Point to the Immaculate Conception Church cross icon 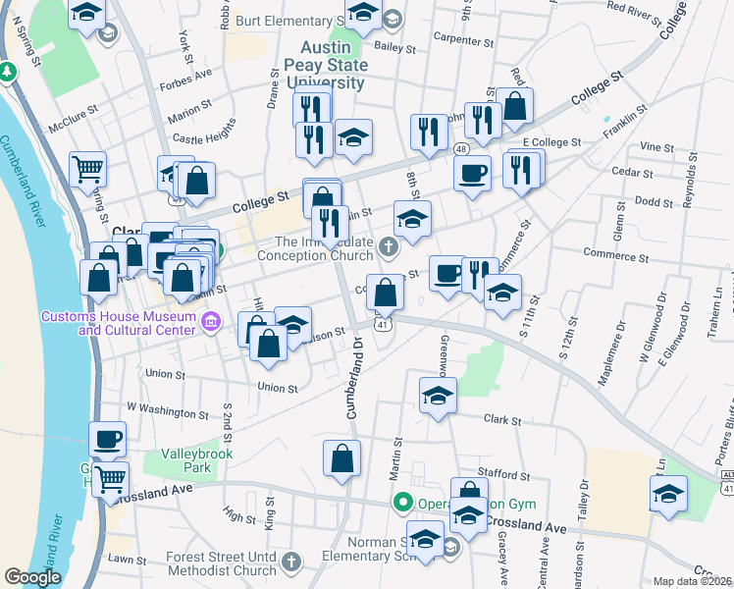tap(389, 245)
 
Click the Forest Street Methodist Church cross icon tap(290, 562)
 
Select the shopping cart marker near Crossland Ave tap(111, 479)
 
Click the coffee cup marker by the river tap(107, 438)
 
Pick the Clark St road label tap(501, 419)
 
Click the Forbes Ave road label tap(190, 73)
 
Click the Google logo tap(32, 577)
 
